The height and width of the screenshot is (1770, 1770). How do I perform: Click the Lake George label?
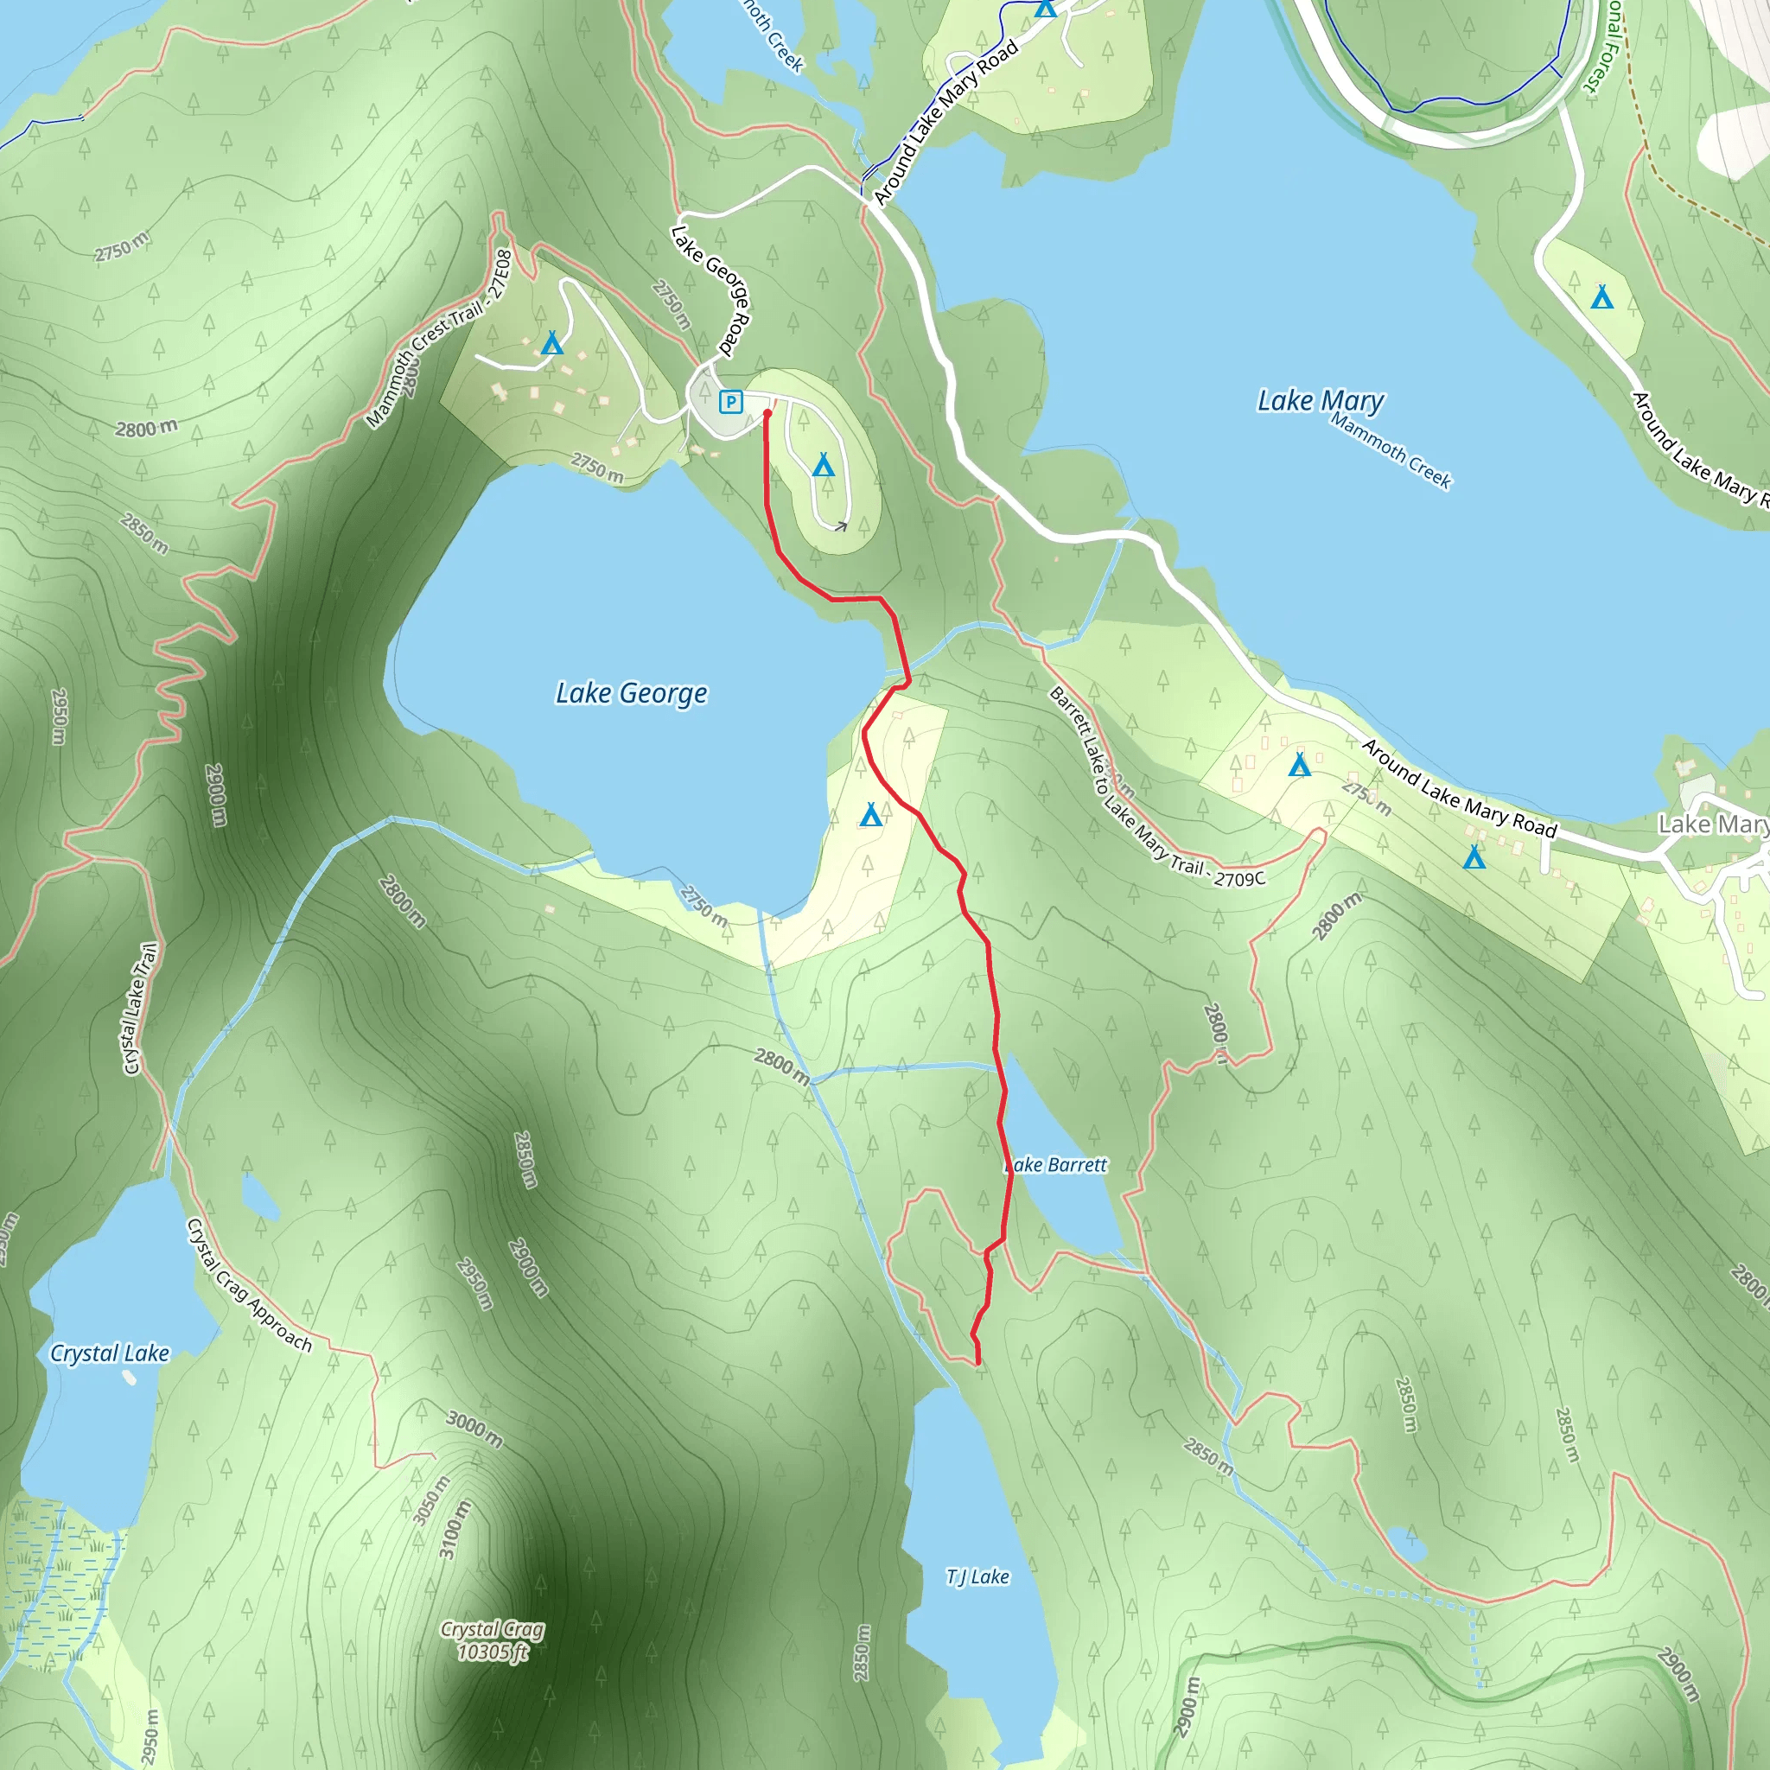(x=631, y=693)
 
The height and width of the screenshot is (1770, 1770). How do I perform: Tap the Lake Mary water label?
(x=1321, y=401)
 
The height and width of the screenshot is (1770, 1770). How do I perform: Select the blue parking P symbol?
(x=730, y=401)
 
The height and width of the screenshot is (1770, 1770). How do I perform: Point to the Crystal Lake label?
(x=109, y=1353)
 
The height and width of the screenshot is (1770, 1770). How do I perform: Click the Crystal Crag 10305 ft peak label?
(x=493, y=1639)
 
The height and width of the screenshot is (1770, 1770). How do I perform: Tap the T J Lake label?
(x=977, y=1576)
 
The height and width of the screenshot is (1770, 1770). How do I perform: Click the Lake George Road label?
(x=711, y=290)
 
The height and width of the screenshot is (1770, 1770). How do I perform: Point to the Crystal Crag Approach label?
(x=248, y=1285)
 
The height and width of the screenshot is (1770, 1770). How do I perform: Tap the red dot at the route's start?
(x=767, y=413)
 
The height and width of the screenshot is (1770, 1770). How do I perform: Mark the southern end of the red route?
(x=978, y=1363)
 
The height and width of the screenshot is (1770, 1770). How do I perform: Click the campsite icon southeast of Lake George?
(x=870, y=813)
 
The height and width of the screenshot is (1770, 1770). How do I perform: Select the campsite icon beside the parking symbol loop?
(x=823, y=466)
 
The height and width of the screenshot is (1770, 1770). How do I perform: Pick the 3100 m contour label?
(x=455, y=1530)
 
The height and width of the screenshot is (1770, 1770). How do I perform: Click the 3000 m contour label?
(x=474, y=1429)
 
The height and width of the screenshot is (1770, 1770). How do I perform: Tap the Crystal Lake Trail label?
(x=140, y=1008)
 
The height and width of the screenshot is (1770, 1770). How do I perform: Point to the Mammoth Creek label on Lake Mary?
(x=1390, y=451)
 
